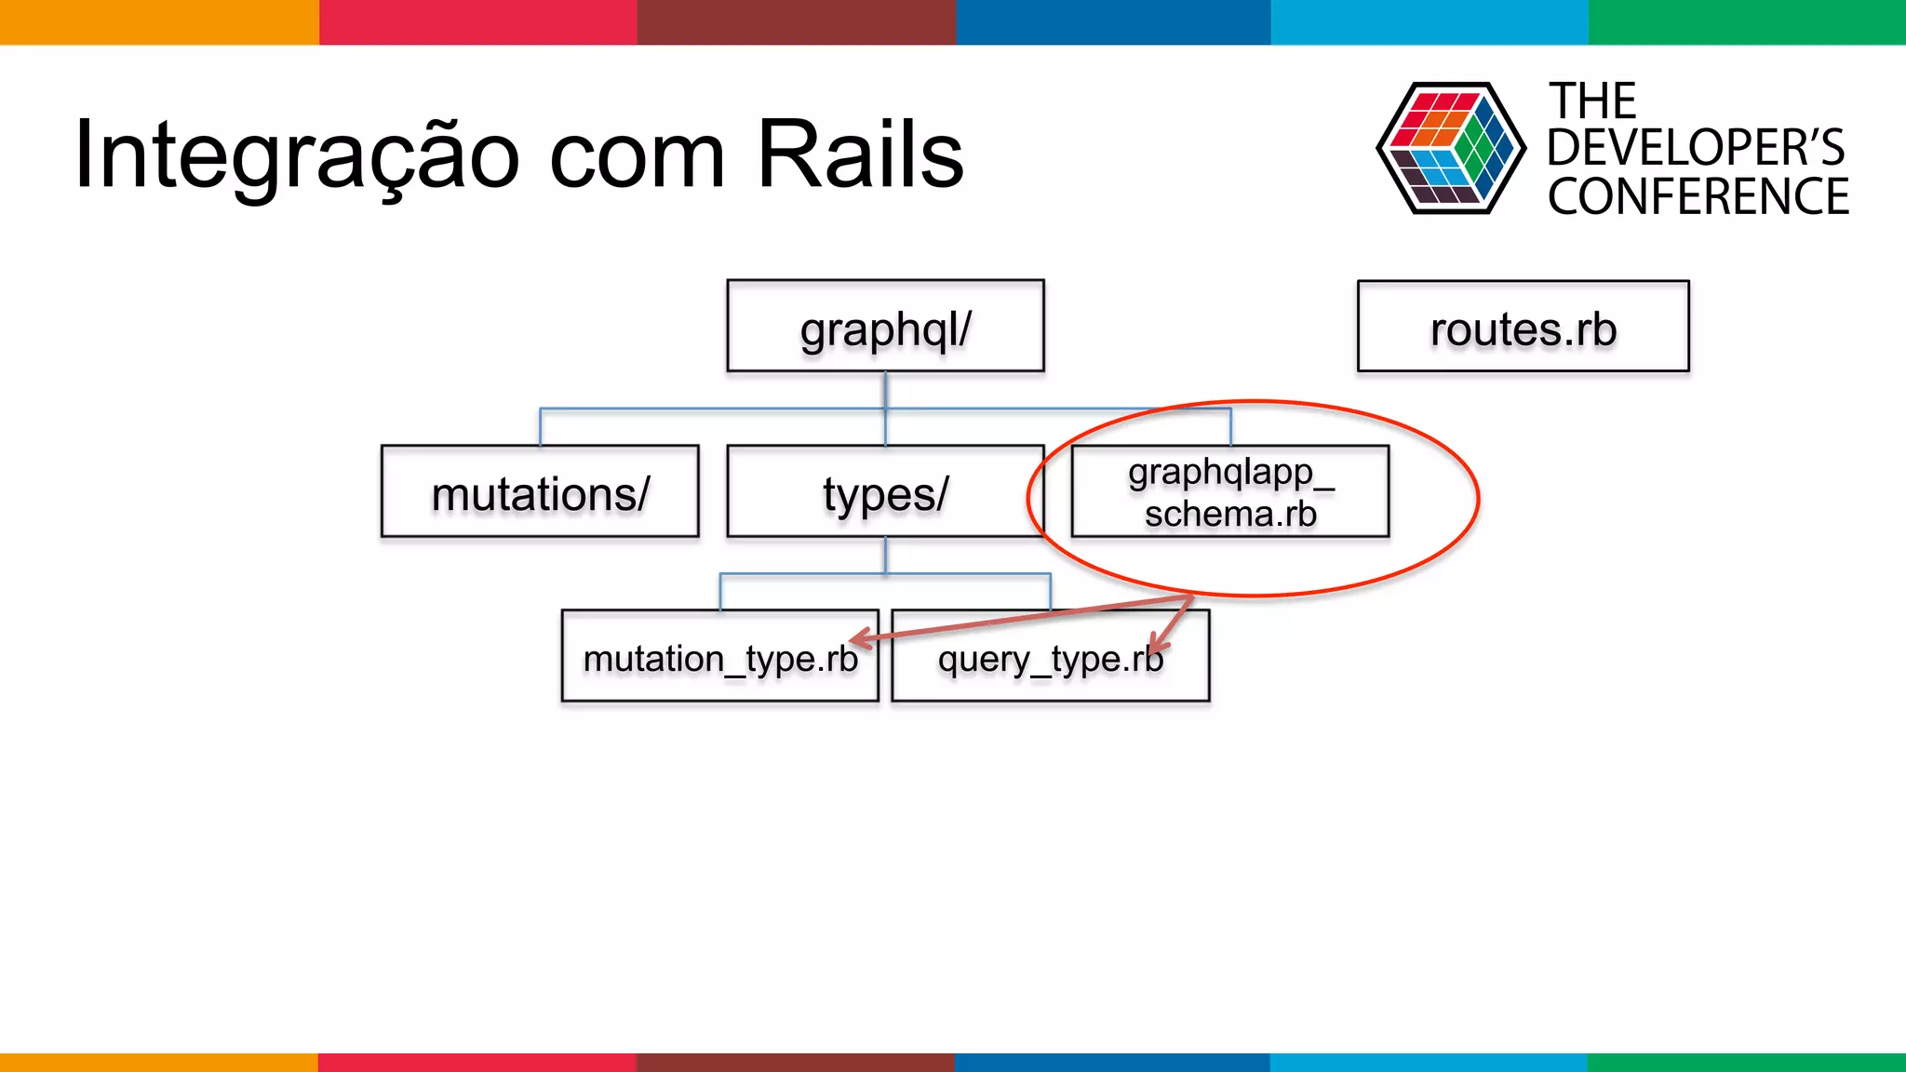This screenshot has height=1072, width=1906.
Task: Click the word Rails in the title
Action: (860, 154)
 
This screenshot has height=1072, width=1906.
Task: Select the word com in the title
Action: (637, 156)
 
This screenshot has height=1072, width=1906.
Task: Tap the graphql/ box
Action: (885, 327)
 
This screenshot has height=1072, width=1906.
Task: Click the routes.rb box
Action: (1523, 327)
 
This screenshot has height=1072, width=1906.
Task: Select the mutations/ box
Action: (540, 491)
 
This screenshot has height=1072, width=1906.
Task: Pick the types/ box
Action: (885, 491)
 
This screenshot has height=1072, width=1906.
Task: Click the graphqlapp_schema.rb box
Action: (1229, 491)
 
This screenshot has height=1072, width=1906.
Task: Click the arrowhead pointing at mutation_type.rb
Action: (859, 638)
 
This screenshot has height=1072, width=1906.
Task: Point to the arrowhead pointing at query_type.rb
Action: (1157, 644)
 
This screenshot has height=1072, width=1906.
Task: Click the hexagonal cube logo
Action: (1450, 148)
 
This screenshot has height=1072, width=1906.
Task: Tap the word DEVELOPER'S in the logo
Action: (1695, 148)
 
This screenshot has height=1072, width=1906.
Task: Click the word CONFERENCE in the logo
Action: (1698, 197)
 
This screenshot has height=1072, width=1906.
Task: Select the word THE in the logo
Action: (1592, 100)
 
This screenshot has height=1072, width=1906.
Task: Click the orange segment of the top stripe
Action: (158, 21)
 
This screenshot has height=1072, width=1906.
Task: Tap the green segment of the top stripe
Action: (1746, 21)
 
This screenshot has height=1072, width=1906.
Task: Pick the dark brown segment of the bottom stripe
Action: (795, 1062)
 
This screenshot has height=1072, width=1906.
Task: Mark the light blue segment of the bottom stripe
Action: (1428, 1062)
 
